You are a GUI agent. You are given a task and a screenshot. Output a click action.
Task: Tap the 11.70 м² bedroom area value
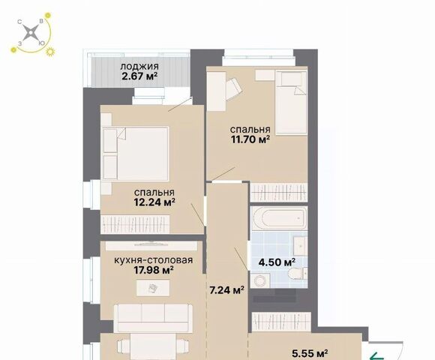250,139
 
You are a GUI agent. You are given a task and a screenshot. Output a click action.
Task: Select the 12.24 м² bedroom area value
154,202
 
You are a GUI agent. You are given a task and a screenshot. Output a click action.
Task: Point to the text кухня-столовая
154,260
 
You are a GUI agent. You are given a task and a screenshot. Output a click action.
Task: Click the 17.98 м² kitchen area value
154,269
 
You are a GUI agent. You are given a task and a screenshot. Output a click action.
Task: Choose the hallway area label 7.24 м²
227,290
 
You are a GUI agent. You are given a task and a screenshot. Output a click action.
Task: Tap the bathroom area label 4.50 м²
277,262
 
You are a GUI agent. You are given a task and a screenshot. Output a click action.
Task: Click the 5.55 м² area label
310,353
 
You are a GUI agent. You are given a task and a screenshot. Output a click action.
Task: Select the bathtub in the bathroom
280,218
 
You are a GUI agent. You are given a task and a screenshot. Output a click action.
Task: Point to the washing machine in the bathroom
260,280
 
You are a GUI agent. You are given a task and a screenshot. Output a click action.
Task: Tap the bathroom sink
299,246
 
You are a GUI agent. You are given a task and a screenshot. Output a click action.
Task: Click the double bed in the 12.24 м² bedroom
136,153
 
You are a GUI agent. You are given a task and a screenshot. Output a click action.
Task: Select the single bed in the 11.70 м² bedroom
291,103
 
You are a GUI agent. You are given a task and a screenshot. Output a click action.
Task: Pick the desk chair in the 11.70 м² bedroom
233,88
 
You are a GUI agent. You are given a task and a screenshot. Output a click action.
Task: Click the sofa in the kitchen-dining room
154,318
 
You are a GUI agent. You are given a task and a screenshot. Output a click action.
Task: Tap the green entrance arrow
377,355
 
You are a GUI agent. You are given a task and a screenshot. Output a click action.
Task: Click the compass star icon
31,34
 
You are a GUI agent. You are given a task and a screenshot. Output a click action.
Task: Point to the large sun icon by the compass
50,52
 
